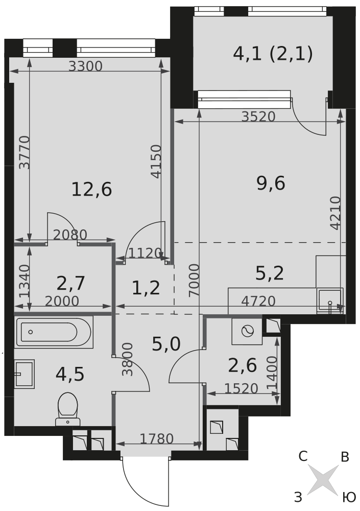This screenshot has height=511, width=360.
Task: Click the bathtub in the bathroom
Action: pos(54,332)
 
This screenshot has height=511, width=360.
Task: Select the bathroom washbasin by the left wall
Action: pos(25,374)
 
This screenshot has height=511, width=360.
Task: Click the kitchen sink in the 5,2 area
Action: pos(330,300)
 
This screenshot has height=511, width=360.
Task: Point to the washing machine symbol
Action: pos(247,332)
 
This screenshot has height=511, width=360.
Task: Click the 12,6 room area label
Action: pos(91,190)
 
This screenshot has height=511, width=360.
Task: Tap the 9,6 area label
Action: pos(271,183)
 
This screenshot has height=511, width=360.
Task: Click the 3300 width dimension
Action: pos(86,66)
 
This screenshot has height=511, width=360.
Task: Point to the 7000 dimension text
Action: pos(194,280)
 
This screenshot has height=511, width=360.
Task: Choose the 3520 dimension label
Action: pos(258,117)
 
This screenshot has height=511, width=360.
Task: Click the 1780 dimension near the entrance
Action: pos(157,439)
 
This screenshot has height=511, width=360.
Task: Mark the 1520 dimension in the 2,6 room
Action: pos(242,388)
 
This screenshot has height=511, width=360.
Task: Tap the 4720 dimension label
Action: pos(258,301)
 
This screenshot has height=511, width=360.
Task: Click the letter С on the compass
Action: pos(303,456)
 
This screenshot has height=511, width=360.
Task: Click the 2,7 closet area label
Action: pos(70,283)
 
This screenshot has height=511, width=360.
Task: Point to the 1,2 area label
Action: pos(146,288)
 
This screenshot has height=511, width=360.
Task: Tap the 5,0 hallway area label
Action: pos(166,344)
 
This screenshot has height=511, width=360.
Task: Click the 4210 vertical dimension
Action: pos(335,213)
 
